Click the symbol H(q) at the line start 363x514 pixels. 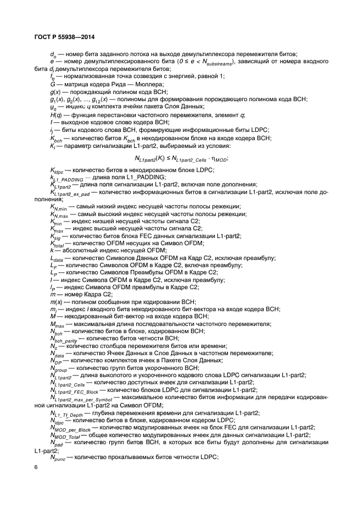coord(55,114)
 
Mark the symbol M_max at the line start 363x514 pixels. coord(57,324)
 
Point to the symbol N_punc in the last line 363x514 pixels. coord(58,457)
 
